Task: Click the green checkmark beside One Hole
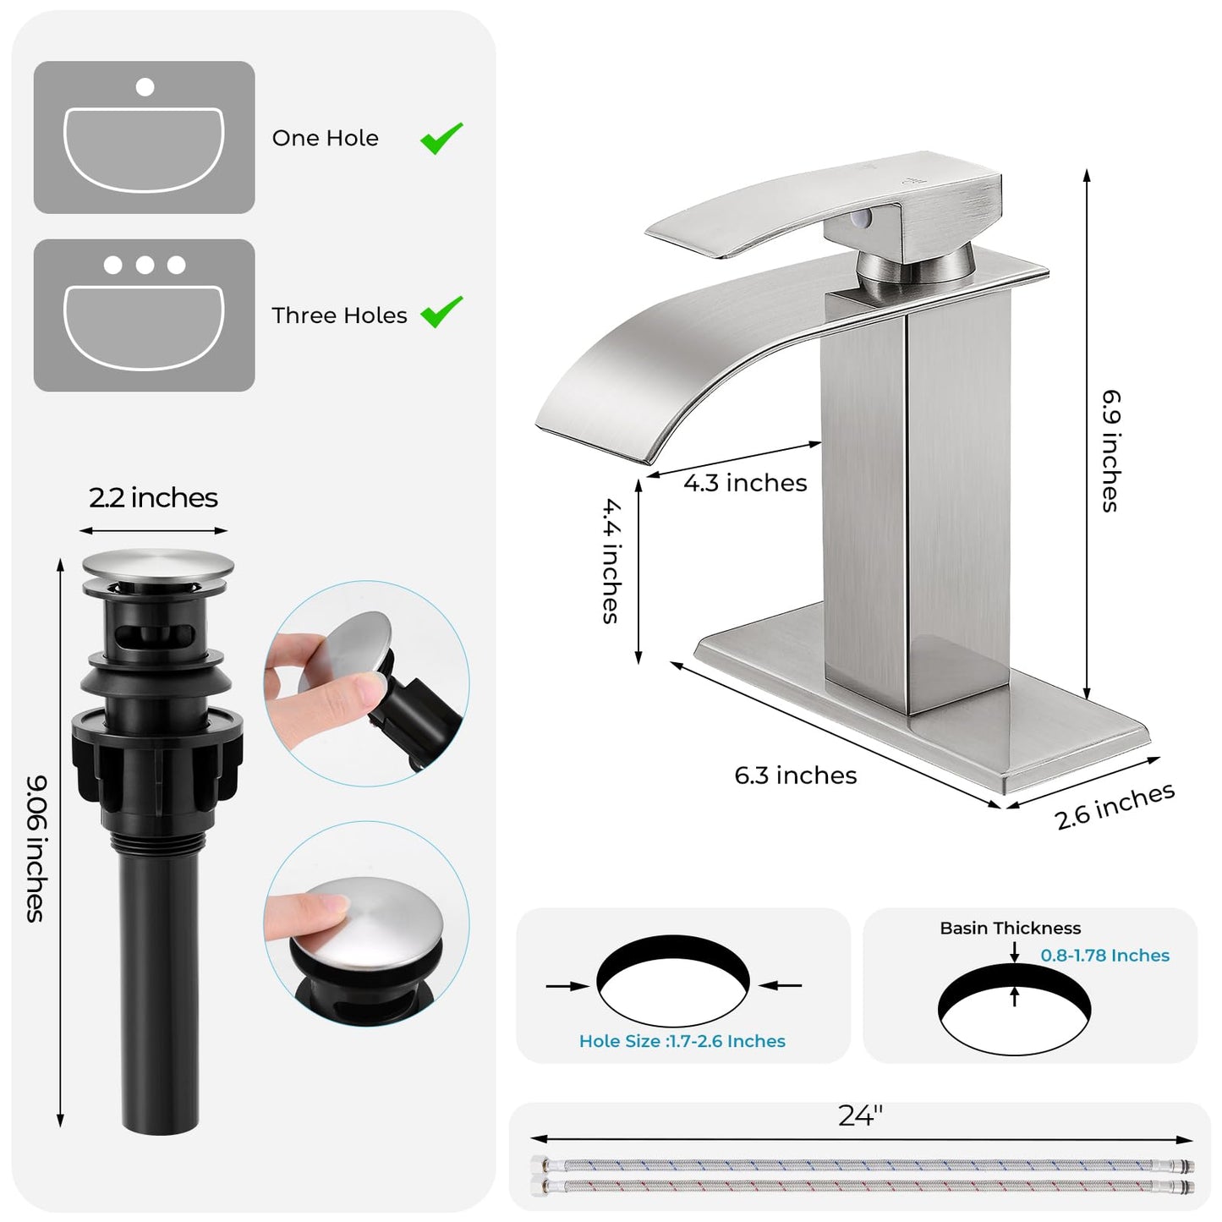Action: [441, 138]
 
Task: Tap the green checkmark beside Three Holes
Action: [441, 311]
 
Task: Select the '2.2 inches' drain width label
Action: [153, 498]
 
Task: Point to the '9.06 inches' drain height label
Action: [36, 848]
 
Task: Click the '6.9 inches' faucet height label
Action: [1110, 450]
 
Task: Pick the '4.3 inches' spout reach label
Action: [745, 483]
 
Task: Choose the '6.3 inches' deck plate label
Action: [795, 775]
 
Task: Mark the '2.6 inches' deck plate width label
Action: [1115, 806]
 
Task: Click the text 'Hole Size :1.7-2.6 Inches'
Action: [682, 1042]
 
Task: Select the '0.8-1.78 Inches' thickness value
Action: [1104, 956]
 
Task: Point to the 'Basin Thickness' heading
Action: [1010, 929]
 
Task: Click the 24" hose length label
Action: [860, 1116]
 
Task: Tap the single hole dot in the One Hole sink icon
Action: [145, 86]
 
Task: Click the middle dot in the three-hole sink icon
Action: [145, 266]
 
